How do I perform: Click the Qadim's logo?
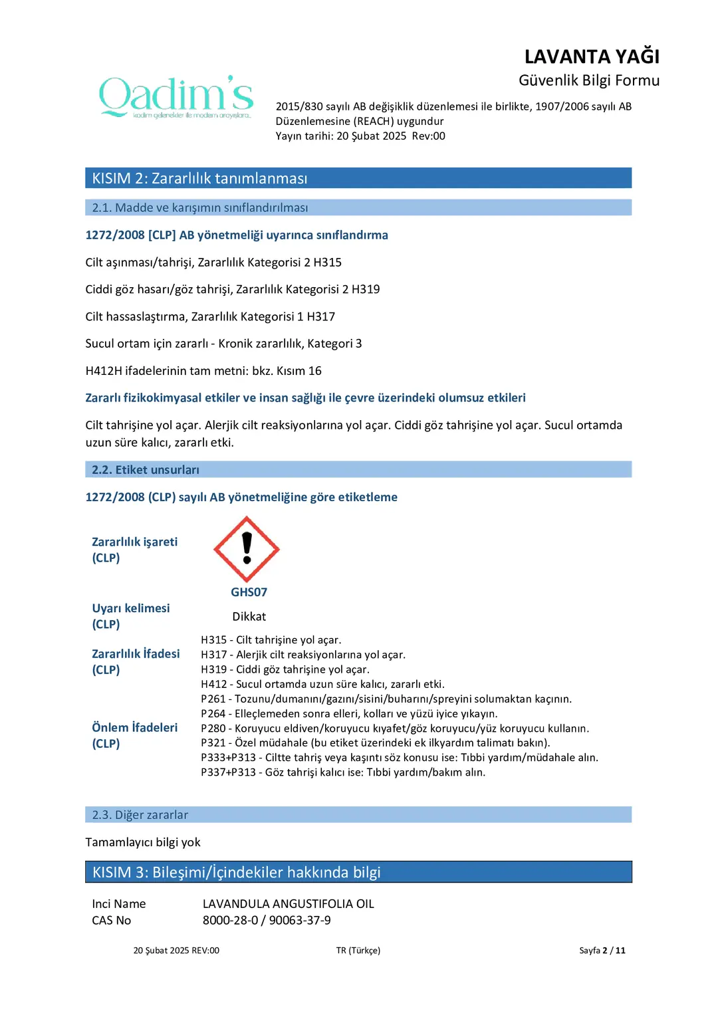pyautogui.click(x=176, y=97)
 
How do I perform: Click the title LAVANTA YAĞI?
pyautogui.click(x=592, y=56)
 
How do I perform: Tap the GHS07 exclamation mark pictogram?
pyautogui.click(x=247, y=549)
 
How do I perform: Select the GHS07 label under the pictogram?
pyautogui.click(x=249, y=592)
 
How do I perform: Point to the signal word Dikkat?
pyautogui.click(x=249, y=617)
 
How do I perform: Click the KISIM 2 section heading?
pyautogui.click(x=199, y=178)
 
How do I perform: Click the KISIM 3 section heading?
pyautogui.click(x=236, y=872)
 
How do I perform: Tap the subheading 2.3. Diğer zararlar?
pyautogui.click(x=140, y=815)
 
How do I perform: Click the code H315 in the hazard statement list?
pyautogui.click(x=213, y=640)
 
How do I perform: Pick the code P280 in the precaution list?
pyautogui.click(x=213, y=729)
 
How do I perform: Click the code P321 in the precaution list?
pyautogui.click(x=213, y=743)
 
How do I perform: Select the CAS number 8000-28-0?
pyautogui.click(x=230, y=921)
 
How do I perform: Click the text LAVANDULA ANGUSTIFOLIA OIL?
pyautogui.click(x=288, y=904)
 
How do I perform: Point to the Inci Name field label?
pyautogui.click(x=118, y=904)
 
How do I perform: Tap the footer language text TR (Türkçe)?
pyautogui.click(x=358, y=951)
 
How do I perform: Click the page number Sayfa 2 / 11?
pyautogui.click(x=602, y=951)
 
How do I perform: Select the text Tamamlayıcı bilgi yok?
pyautogui.click(x=142, y=842)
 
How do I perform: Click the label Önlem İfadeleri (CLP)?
pyautogui.click(x=134, y=736)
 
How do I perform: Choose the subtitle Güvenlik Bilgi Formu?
pyautogui.click(x=588, y=80)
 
